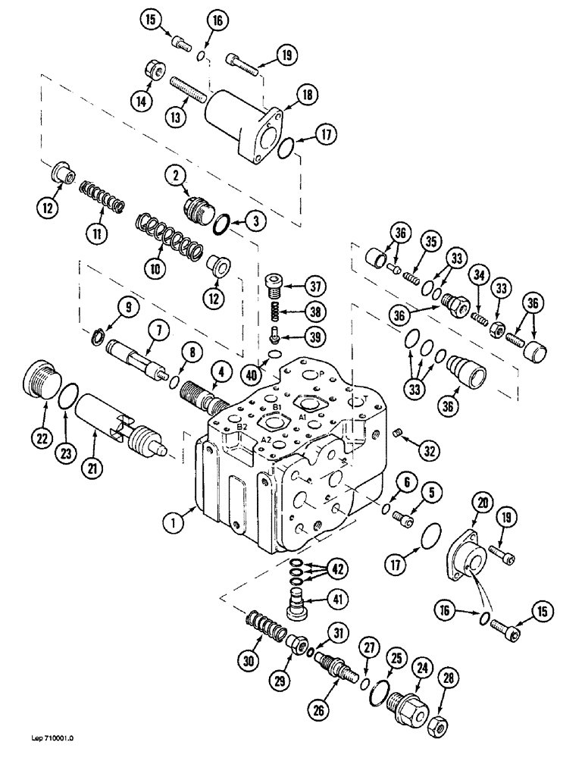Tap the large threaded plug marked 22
coord(40,378)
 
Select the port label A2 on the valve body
coord(264,439)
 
